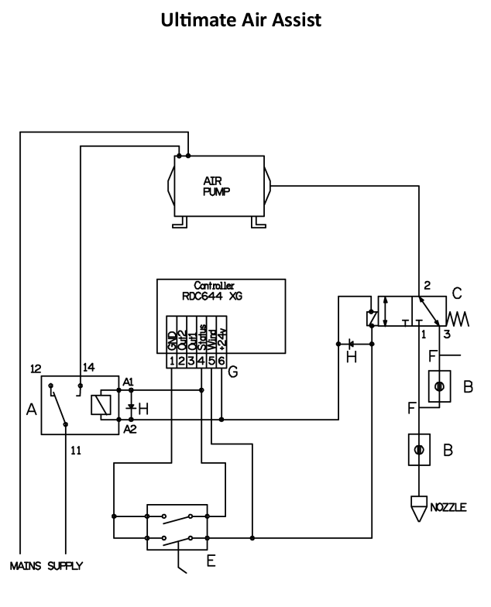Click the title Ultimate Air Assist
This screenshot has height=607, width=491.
[x=241, y=20]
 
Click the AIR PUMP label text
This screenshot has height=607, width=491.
[x=217, y=186]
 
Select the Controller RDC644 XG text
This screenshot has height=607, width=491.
[x=213, y=291]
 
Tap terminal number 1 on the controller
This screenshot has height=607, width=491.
[x=172, y=361]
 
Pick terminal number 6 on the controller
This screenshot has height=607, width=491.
[x=221, y=361]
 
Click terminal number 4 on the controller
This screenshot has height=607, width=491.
[x=201, y=361]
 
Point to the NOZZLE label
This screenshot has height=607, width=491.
[x=448, y=507]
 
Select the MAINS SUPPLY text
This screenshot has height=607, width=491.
[x=46, y=566]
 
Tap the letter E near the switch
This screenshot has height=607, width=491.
[x=211, y=561]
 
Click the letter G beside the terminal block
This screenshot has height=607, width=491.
[x=232, y=372]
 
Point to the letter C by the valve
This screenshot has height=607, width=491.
[x=457, y=293]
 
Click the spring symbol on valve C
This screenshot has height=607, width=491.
[x=458, y=319]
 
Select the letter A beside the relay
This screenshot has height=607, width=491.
[x=31, y=409]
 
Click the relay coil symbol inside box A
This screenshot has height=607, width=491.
[x=101, y=405]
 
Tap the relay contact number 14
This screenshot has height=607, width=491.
[x=88, y=367]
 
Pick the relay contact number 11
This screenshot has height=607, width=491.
[x=76, y=451]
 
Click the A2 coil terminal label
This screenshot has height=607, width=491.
[x=130, y=429]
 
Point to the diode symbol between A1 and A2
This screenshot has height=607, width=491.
[x=131, y=407]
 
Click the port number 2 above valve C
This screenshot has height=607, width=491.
[x=427, y=285]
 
